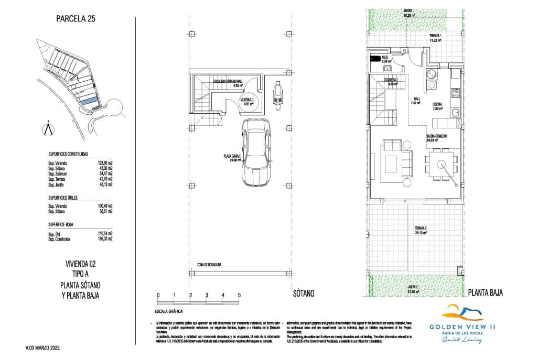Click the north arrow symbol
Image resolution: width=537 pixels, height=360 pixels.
(x=49, y=128)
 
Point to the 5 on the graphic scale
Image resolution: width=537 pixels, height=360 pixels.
(x=239, y=296)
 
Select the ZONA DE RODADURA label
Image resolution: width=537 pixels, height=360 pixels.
(x=207, y=265)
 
